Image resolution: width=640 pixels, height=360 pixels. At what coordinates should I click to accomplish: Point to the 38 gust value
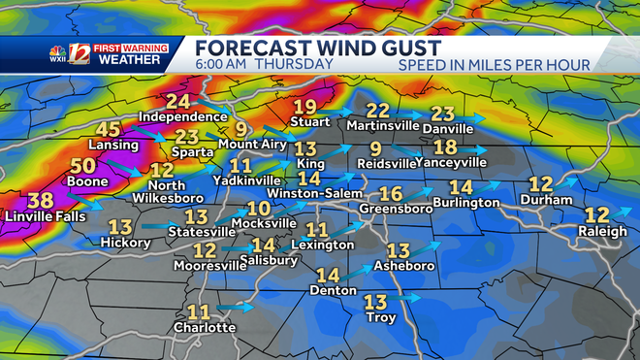(41, 199)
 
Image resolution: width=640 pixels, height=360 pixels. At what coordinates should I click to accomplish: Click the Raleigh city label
(604, 233)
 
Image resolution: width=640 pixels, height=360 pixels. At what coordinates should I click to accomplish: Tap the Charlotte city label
(205, 327)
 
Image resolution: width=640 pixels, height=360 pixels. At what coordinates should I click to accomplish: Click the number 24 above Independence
(177, 102)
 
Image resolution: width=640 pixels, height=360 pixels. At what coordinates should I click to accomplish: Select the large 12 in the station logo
(80, 54)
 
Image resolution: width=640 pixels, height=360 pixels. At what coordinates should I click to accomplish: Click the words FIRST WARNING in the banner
(129, 48)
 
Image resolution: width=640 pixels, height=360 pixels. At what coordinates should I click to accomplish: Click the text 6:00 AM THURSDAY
(263, 65)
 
